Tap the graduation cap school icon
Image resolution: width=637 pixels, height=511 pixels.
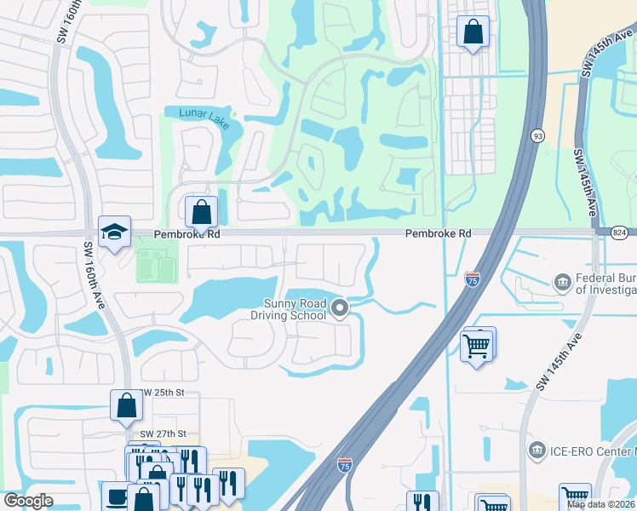tap(113, 232)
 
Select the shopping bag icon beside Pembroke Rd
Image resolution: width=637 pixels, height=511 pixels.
tap(202, 210)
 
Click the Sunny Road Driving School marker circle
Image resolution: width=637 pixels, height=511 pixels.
tap(341, 307)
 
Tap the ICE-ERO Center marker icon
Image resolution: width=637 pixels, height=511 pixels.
tap(537, 449)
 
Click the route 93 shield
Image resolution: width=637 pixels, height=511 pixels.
tap(537, 136)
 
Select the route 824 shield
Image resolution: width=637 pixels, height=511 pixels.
tap(619, 232)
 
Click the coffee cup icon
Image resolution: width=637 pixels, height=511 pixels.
tap(115, 496)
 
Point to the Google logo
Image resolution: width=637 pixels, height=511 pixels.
tap(28, 501)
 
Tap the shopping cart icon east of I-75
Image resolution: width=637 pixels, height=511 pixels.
tap(477, 344)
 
